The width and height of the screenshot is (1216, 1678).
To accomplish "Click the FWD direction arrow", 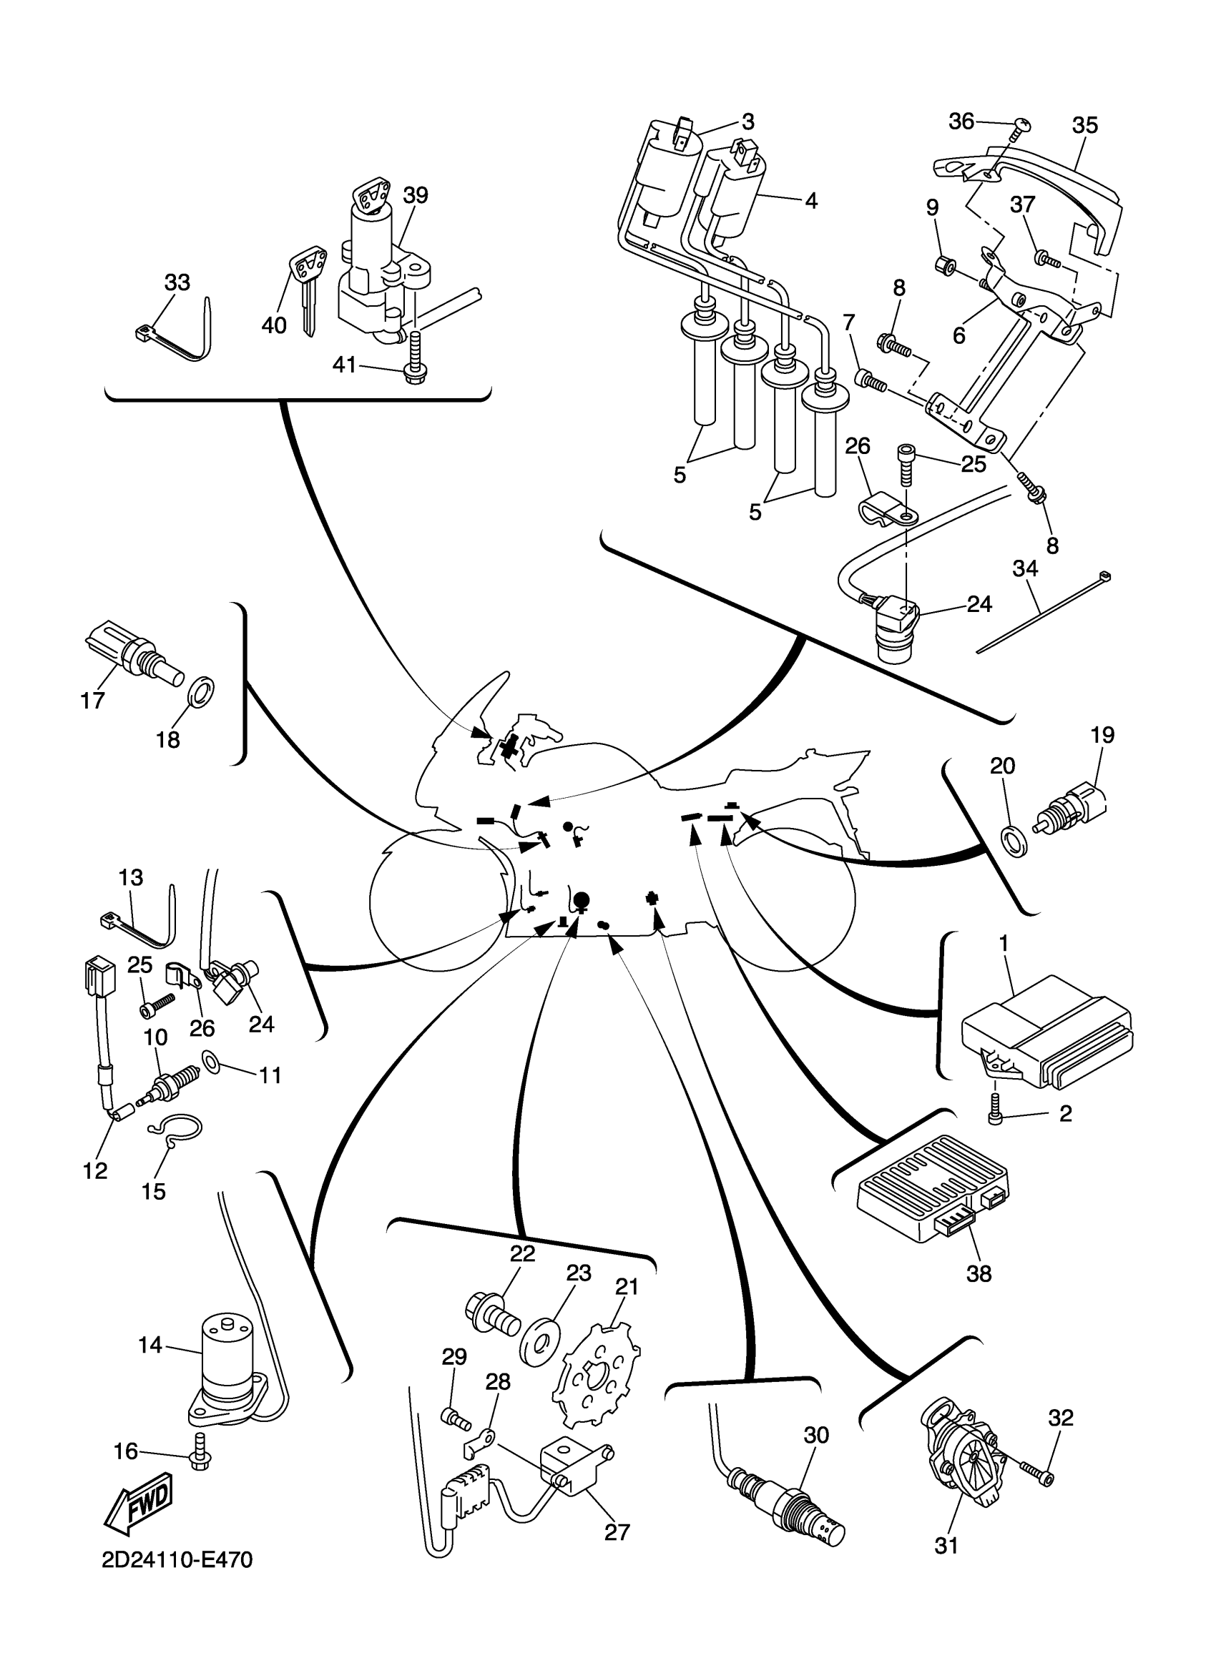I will point(139,1505).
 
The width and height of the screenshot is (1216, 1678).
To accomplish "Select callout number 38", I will point(979,1273).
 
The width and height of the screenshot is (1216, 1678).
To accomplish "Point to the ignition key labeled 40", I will point(305,289).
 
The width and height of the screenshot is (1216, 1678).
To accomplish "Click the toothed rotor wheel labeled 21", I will point(597,1381).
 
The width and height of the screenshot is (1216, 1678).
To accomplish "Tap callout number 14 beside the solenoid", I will point(150,1344).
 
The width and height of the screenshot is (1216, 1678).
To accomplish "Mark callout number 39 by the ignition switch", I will point(415,195).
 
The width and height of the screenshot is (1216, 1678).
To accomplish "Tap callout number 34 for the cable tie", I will point(1025,569).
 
